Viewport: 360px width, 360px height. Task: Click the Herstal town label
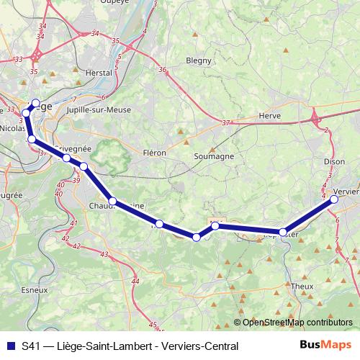99,73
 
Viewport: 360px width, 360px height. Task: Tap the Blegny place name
197,60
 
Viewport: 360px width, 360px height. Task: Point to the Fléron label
155,153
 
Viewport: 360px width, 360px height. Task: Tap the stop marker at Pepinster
284,233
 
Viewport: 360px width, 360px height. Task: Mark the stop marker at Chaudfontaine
113,201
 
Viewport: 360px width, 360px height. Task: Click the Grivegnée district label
75,147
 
